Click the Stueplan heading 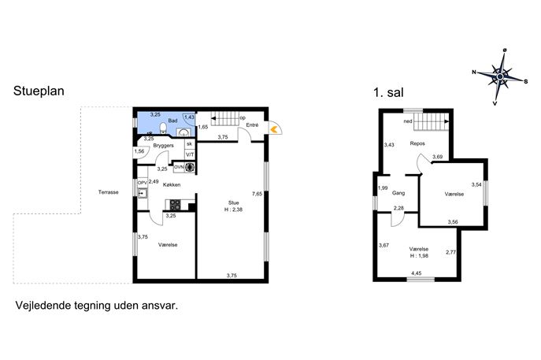tap(39, 91)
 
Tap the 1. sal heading tap(388, 92)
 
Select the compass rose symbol tap(500, 76)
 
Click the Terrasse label tap(109, 192)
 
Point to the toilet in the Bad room tap(163, 128)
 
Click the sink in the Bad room tap(184, 132)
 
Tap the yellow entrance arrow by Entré tap(274, 129)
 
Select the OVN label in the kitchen tap(179, 167)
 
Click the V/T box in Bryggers tap(190, 154)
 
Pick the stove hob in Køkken tap(175, 205)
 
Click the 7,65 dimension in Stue tap(257, 194)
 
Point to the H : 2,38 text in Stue tap(234, 210)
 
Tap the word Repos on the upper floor tap(417, 143)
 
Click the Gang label tap(398, 193)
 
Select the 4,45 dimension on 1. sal tap(416, 273)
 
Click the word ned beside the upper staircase tap(408, 121)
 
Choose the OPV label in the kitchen tap(143, 182)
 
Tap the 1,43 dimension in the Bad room tap(189, 117)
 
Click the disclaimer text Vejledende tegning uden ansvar tap(97, 306)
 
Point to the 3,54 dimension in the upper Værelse tap(476, 184)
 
